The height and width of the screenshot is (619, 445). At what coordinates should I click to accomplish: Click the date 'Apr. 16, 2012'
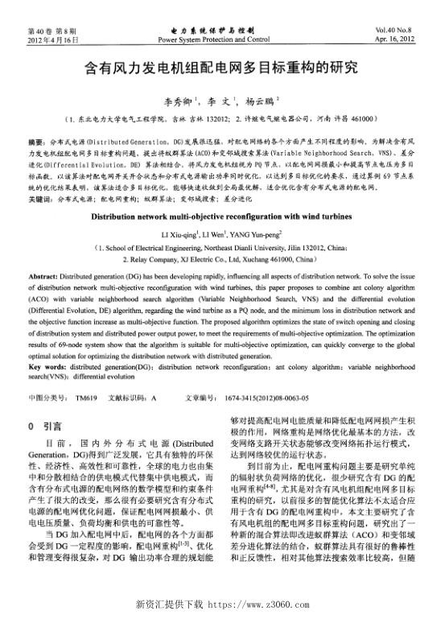(x=394, y=39)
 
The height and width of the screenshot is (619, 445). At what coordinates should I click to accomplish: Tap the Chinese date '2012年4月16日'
(x=52, y=39)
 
